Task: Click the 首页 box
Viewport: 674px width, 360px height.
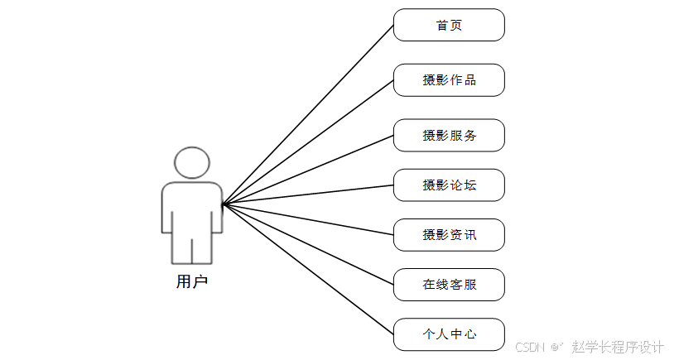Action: tap(449, 25)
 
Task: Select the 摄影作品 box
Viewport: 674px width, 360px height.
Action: tap(449, 80)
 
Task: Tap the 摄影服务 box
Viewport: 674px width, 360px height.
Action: tap(449, 136)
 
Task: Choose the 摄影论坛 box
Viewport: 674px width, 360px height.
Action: tap(449, 185)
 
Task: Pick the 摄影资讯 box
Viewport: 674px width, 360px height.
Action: tap(449, 235)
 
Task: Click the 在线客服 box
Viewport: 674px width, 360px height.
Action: tap(449, 285)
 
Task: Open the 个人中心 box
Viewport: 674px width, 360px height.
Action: tap(449, 334)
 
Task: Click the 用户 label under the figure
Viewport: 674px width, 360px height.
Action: tap(192, 282)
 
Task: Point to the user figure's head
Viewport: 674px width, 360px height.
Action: tap(192, 162)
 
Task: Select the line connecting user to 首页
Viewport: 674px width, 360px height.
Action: tap(308, 113)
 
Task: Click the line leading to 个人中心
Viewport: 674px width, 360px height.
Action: tap(308, 269)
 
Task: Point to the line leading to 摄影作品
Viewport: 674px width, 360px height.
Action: tap(308, 142)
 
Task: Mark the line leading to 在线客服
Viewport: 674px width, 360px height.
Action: tap(308, 244)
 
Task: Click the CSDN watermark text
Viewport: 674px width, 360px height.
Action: tap(530, 348)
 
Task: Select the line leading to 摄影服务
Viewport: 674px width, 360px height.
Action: tap(308, 169)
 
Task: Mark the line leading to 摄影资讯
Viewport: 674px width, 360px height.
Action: tap(308, 218)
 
